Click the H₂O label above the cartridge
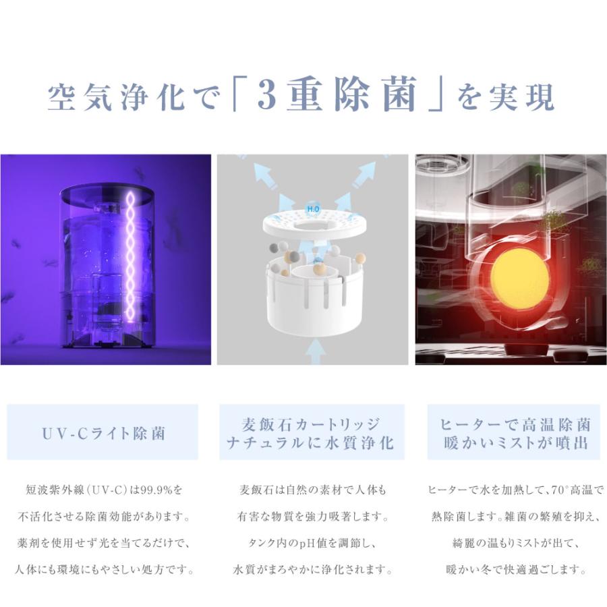(x=313, y=210)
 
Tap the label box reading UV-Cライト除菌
(x=103, y=432)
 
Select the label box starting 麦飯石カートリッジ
(x=312, y=433)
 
